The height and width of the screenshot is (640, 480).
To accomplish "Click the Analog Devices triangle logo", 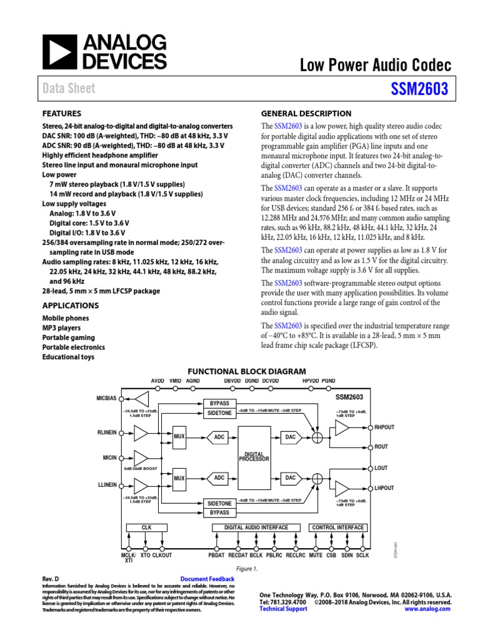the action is pos(57,52).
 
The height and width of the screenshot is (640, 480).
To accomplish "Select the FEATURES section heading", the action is pos(61,114).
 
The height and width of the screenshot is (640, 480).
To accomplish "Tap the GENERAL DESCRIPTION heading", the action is pos(306,114).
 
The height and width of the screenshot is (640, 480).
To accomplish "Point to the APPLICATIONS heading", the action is pos(70,306).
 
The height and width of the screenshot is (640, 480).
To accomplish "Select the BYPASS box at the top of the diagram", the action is pos(219,404).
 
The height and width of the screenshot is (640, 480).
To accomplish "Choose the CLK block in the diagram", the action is pos(146,527).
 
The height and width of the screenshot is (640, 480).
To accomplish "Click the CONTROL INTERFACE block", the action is pos(337,527).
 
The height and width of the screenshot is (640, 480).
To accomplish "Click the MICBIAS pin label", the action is pos(106,398).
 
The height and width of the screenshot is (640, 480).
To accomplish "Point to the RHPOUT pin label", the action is pos(384,427).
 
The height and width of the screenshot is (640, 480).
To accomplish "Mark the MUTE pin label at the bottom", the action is pos(316,555).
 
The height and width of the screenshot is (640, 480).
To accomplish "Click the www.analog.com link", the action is pos(427,609).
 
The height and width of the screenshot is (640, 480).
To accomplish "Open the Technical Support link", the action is pos(283,609).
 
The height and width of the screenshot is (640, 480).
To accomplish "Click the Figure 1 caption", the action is pos(246,569).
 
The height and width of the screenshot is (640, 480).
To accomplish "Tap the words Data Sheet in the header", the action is pos(69,89).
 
